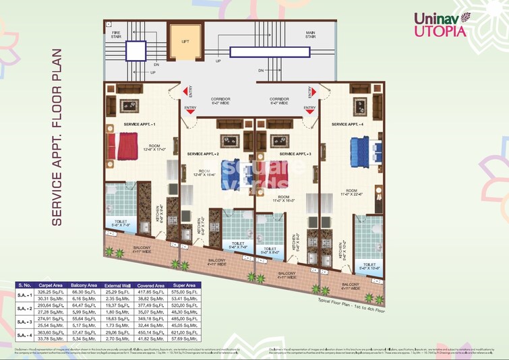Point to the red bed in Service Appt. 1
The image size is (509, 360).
click(x=127, y=146)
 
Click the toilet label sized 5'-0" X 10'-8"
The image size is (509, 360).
click(x=369, y=267)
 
